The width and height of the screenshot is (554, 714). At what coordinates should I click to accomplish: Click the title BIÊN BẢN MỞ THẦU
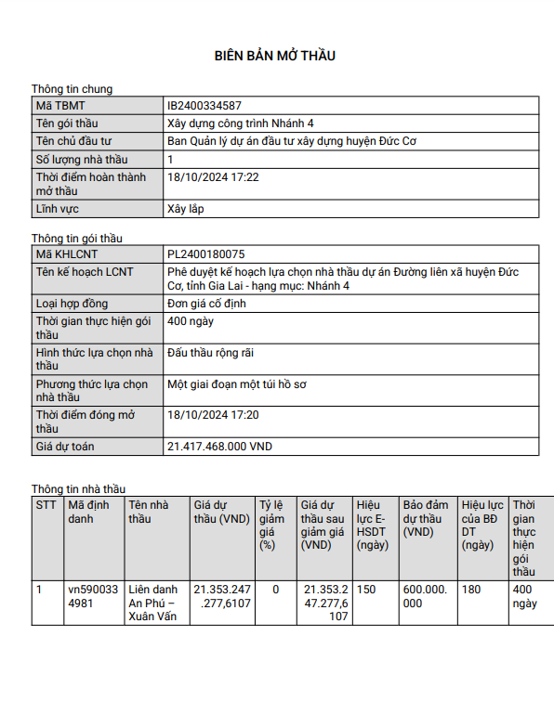[x=275, y=56]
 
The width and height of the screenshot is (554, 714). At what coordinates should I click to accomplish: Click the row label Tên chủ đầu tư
[x=73, y=141]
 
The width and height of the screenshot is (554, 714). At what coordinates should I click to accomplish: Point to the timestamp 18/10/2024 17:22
[x=213, y=176]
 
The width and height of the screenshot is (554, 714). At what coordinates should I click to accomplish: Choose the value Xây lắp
[x=186, y=209]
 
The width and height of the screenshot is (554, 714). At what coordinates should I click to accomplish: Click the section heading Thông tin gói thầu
[x=77, y=239]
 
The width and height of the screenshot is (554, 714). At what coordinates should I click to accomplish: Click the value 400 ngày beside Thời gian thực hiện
[x=191, y=320]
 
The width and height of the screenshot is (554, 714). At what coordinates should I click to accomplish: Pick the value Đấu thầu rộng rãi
[x=211, y=353]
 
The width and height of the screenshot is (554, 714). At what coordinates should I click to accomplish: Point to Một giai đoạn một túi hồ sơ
[x=241, y=383]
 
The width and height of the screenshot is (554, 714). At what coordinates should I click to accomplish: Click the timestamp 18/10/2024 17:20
[x=213, y=415]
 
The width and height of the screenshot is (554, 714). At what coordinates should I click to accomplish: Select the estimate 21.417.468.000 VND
[x=220, y=447]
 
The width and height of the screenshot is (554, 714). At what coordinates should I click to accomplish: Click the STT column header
[x=46, y=506]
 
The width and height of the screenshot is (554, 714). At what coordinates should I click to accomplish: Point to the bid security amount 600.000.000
[x=425, y=596]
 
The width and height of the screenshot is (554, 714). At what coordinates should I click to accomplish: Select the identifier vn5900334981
[x=93, y=596]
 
